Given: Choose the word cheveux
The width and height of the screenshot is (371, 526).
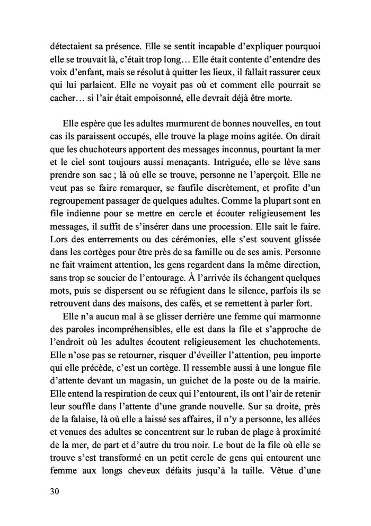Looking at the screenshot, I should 162,469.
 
